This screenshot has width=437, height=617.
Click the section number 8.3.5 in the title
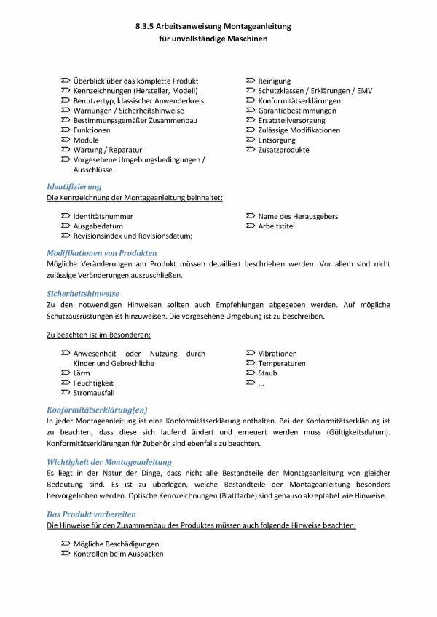148,26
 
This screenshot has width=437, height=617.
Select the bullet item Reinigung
274,81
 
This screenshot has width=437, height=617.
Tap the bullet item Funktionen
92,130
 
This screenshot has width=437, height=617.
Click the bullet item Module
86,140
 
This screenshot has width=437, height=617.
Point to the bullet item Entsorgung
277,140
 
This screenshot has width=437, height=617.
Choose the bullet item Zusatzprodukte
283,150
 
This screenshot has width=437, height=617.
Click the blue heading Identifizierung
74,187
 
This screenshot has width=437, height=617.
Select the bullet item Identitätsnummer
103,216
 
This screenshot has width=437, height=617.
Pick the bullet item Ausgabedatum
98,226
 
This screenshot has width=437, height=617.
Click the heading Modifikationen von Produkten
101,252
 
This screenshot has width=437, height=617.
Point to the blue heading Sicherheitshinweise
83,293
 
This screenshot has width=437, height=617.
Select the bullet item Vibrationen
277,354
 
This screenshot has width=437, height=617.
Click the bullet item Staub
267,373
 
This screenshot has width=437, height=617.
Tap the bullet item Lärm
83,373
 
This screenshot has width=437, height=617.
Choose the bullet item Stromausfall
94,393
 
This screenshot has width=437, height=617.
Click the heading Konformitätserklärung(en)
97,410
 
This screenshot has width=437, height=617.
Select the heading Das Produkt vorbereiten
91,514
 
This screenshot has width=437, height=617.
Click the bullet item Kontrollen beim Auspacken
118,554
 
